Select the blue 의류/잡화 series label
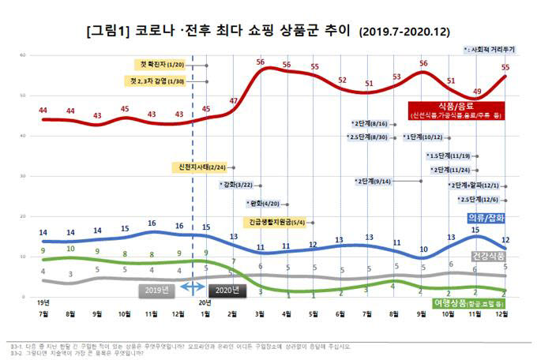[x=483, y=217]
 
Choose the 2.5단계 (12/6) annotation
[x=477, y=200]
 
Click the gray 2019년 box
[x=157, y=290]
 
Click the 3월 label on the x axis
[x=260, y=314]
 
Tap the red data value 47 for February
[x=233, y=101]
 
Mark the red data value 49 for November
[x=476, y=92]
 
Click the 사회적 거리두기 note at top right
[x=490, y=49]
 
